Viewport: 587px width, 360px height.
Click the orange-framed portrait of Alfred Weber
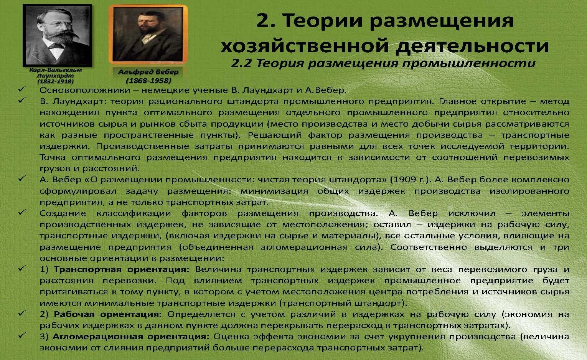(x=148, y=34)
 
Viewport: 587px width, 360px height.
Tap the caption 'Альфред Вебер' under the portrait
(x=148, y=72)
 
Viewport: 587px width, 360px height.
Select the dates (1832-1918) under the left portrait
(x=56, y=81)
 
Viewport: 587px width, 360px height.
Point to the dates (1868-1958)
(x=148, y=81)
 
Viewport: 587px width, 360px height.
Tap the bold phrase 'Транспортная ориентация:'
(x=122, y=269)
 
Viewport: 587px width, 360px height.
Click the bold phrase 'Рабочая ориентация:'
(x=108, y=314)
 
